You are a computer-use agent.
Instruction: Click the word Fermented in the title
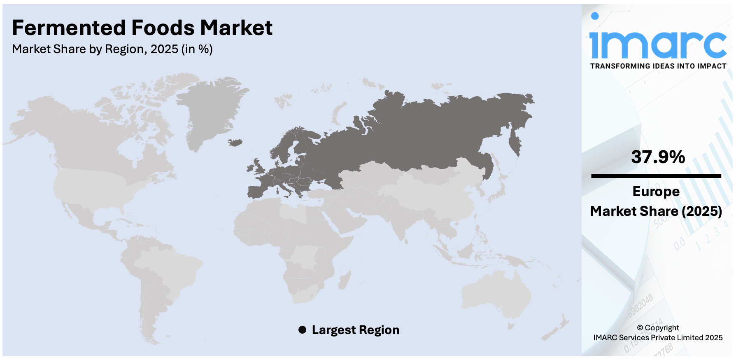69,28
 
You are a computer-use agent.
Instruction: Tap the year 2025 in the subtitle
164,49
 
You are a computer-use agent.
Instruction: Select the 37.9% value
658,157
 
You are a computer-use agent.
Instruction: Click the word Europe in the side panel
656,192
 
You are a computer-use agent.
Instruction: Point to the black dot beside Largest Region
302,330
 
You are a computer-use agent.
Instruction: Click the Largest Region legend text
355,330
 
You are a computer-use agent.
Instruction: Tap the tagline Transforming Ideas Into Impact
658,66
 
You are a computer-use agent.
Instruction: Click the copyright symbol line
657,328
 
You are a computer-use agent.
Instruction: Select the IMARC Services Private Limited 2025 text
657,338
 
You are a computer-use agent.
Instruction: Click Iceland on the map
235,143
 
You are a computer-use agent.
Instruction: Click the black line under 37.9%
656,176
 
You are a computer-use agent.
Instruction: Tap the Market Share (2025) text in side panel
656,211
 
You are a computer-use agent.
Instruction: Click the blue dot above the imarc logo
594,16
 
